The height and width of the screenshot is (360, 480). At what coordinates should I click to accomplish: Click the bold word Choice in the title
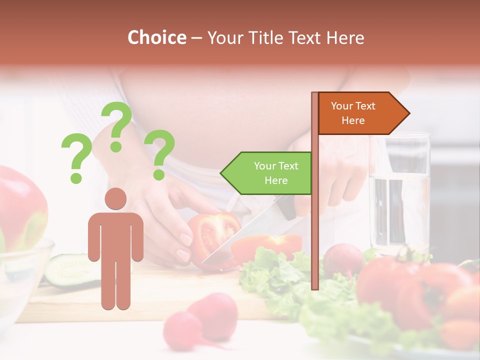pyautogui.click(x=156, y=38)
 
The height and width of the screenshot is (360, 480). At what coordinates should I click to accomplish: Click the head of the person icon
pyautogui.click(x=115, y=198)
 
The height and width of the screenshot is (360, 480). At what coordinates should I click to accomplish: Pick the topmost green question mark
pyautogui.click(x=116, y=125)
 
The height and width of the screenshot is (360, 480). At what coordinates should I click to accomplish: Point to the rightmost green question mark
pyautogui.click(x=159, y=154)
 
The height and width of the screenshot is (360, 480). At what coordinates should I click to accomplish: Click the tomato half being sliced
pyautogui.click(x=212, y=235)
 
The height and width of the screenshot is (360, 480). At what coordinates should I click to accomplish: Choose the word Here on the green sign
pyautogui.click(x=276, y=180)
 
